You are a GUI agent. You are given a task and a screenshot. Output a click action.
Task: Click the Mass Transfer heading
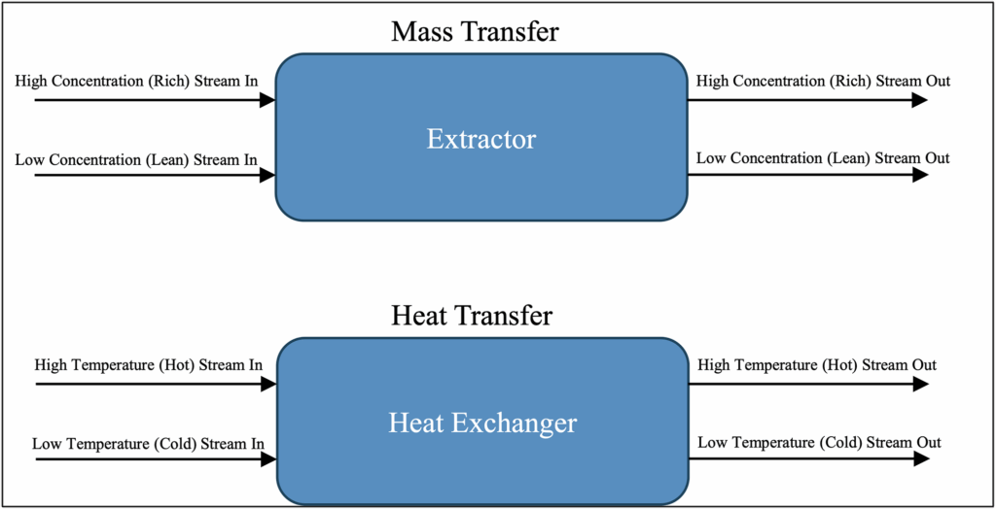475,31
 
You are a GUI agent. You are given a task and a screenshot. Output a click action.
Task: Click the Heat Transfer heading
473,315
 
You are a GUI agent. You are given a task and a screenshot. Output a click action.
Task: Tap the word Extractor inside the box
480,139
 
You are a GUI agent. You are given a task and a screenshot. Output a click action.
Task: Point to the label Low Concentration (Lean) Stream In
136,159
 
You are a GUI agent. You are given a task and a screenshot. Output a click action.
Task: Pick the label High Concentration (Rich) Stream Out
823,82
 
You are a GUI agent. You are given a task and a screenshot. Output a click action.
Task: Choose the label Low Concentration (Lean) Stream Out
823,158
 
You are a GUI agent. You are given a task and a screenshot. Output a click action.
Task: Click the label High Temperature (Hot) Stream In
149,366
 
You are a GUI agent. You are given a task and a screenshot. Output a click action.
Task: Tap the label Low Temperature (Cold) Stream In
149,443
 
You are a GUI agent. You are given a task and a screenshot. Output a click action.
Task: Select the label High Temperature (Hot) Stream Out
817,366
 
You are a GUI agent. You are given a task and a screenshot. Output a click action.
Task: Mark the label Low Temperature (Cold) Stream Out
819,442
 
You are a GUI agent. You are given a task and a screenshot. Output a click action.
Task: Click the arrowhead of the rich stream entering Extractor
267,100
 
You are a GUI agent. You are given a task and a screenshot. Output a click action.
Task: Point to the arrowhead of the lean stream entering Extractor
267,175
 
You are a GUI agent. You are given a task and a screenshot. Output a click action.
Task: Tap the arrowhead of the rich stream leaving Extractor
920,100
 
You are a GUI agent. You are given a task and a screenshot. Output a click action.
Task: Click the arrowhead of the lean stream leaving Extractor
920,175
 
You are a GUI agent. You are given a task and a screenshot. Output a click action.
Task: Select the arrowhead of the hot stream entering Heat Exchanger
268,384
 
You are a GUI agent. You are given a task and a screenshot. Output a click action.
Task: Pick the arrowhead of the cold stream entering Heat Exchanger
268,458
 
